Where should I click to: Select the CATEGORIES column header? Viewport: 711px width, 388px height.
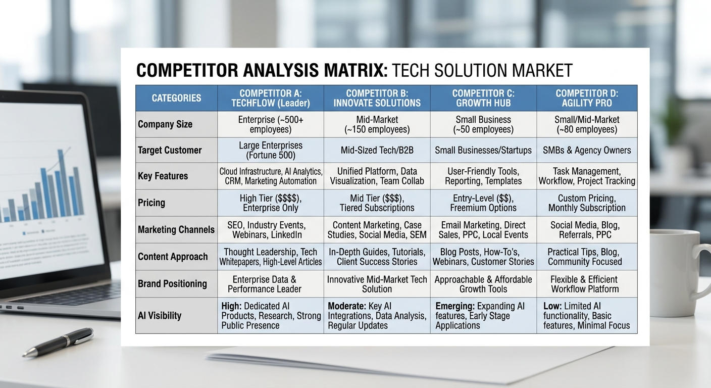point(176,98)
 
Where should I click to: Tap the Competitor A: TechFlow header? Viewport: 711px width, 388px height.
point(270,98)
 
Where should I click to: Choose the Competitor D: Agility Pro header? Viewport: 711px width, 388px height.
point(587,98)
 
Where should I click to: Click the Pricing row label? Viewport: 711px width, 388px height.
point(151,203)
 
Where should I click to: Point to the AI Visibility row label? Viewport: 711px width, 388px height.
point(160,315)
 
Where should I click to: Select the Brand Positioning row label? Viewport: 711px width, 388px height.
point(172,283)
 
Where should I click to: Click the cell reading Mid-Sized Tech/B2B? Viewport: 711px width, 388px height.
point(377,150)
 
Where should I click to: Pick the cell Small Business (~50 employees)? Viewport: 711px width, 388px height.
point(483,124)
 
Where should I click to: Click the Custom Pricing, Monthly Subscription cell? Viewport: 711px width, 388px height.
point(587,203)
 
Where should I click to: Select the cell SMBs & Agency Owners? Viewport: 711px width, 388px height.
point(587,150)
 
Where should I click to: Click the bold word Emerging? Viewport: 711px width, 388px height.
point(454,306)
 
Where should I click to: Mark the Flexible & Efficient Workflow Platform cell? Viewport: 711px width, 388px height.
point(585,284)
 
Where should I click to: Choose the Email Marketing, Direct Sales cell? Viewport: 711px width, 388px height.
point(483,230)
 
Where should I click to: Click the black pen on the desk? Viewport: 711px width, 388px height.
point(58,342)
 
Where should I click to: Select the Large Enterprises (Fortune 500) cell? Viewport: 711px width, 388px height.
point(270,150)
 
